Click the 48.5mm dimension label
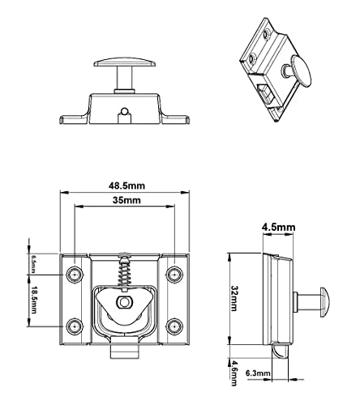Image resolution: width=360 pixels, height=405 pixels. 126,185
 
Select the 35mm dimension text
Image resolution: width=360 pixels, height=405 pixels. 126,200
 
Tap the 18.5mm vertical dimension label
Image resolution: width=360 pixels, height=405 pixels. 33,300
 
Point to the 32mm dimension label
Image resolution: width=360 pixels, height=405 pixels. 234,298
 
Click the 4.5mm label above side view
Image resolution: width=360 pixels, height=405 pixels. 278,228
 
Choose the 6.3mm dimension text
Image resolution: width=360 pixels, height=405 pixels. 258,373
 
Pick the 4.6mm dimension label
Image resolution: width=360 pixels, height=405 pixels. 234,374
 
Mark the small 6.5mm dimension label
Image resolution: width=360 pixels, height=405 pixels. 33,264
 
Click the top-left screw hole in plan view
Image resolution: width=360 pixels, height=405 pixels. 75,275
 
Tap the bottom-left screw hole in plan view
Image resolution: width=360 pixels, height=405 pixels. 75,326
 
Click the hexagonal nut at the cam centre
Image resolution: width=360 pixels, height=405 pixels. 124,302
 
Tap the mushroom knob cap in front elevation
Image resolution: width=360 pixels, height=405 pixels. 125,62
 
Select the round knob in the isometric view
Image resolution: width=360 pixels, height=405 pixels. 302,71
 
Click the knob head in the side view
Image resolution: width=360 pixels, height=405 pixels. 324,302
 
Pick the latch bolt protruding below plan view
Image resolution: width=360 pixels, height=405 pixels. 125,352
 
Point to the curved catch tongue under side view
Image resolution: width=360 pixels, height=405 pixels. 280,351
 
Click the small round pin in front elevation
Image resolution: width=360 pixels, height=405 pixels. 124,111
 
